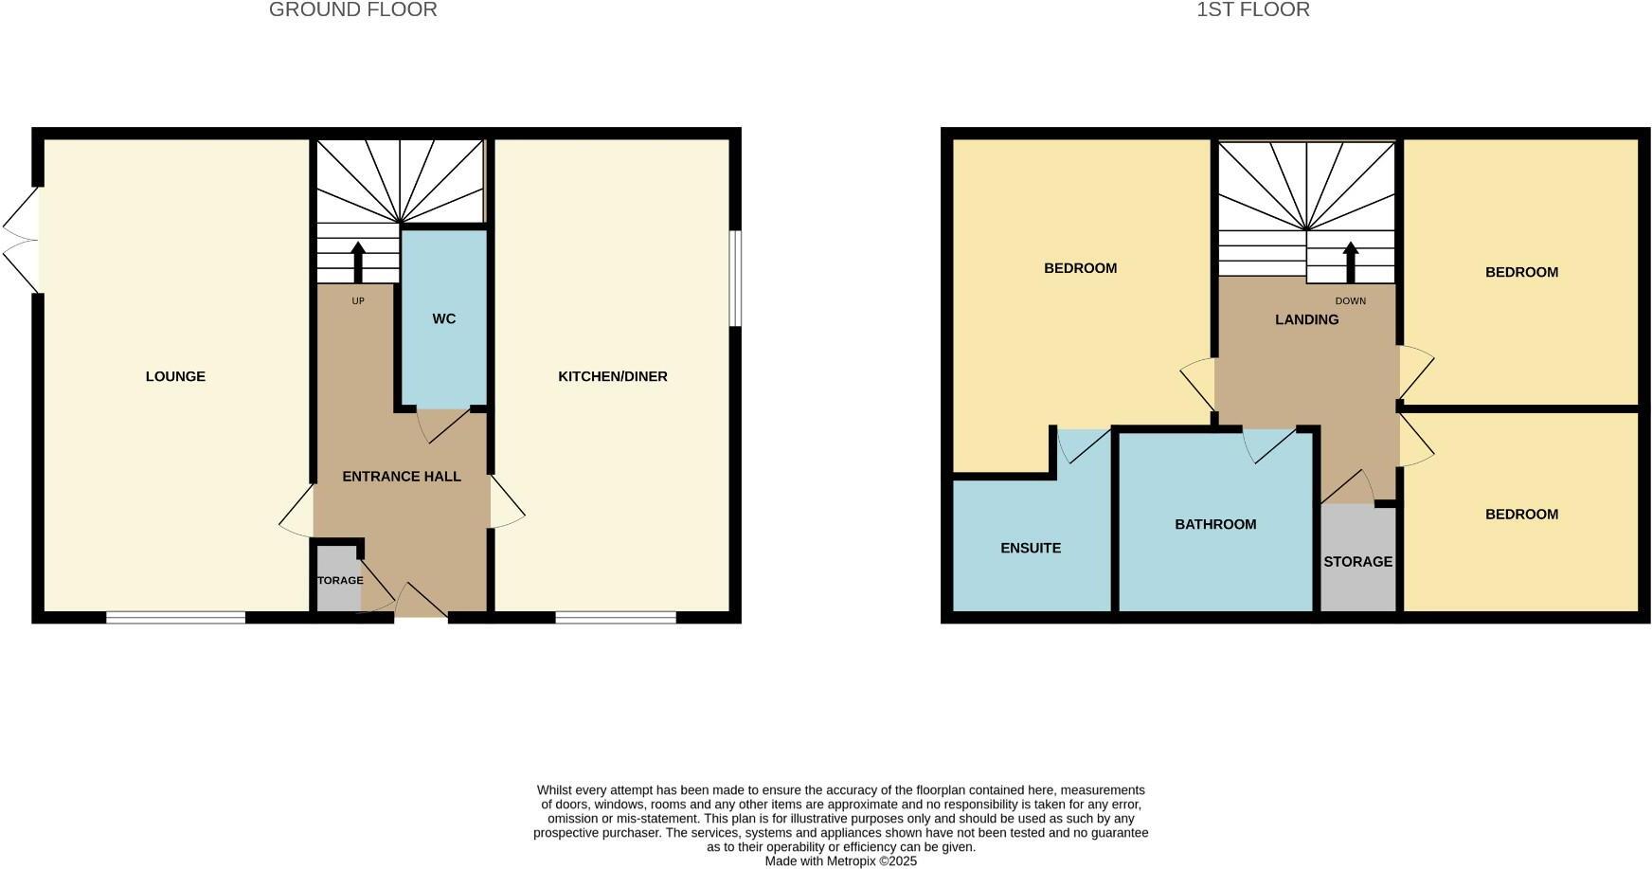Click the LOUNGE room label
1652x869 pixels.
click(x=175, y=376)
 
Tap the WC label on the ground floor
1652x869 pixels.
click(x=443, y=318)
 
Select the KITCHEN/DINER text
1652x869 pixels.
click(x=612, y=376)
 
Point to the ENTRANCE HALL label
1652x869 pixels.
click(x=402, y=476)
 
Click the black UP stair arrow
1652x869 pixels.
click(x=358, y=263)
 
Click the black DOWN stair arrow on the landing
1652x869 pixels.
click(x=1351, y=263)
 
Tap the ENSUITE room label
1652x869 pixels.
click(x=1031, y=548)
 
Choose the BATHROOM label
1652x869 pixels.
click(x=1215, y=524)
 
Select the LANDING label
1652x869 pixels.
click(x=1306, y=319)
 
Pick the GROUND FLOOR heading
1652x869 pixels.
click(x=352, y=10)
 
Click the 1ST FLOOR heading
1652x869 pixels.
click(x=1252, y=10)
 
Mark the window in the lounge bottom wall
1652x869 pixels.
click(x=176, y=618)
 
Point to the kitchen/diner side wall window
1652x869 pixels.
click(x=735, y=279)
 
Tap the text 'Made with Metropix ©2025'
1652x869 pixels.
click(x=840, y=861)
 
